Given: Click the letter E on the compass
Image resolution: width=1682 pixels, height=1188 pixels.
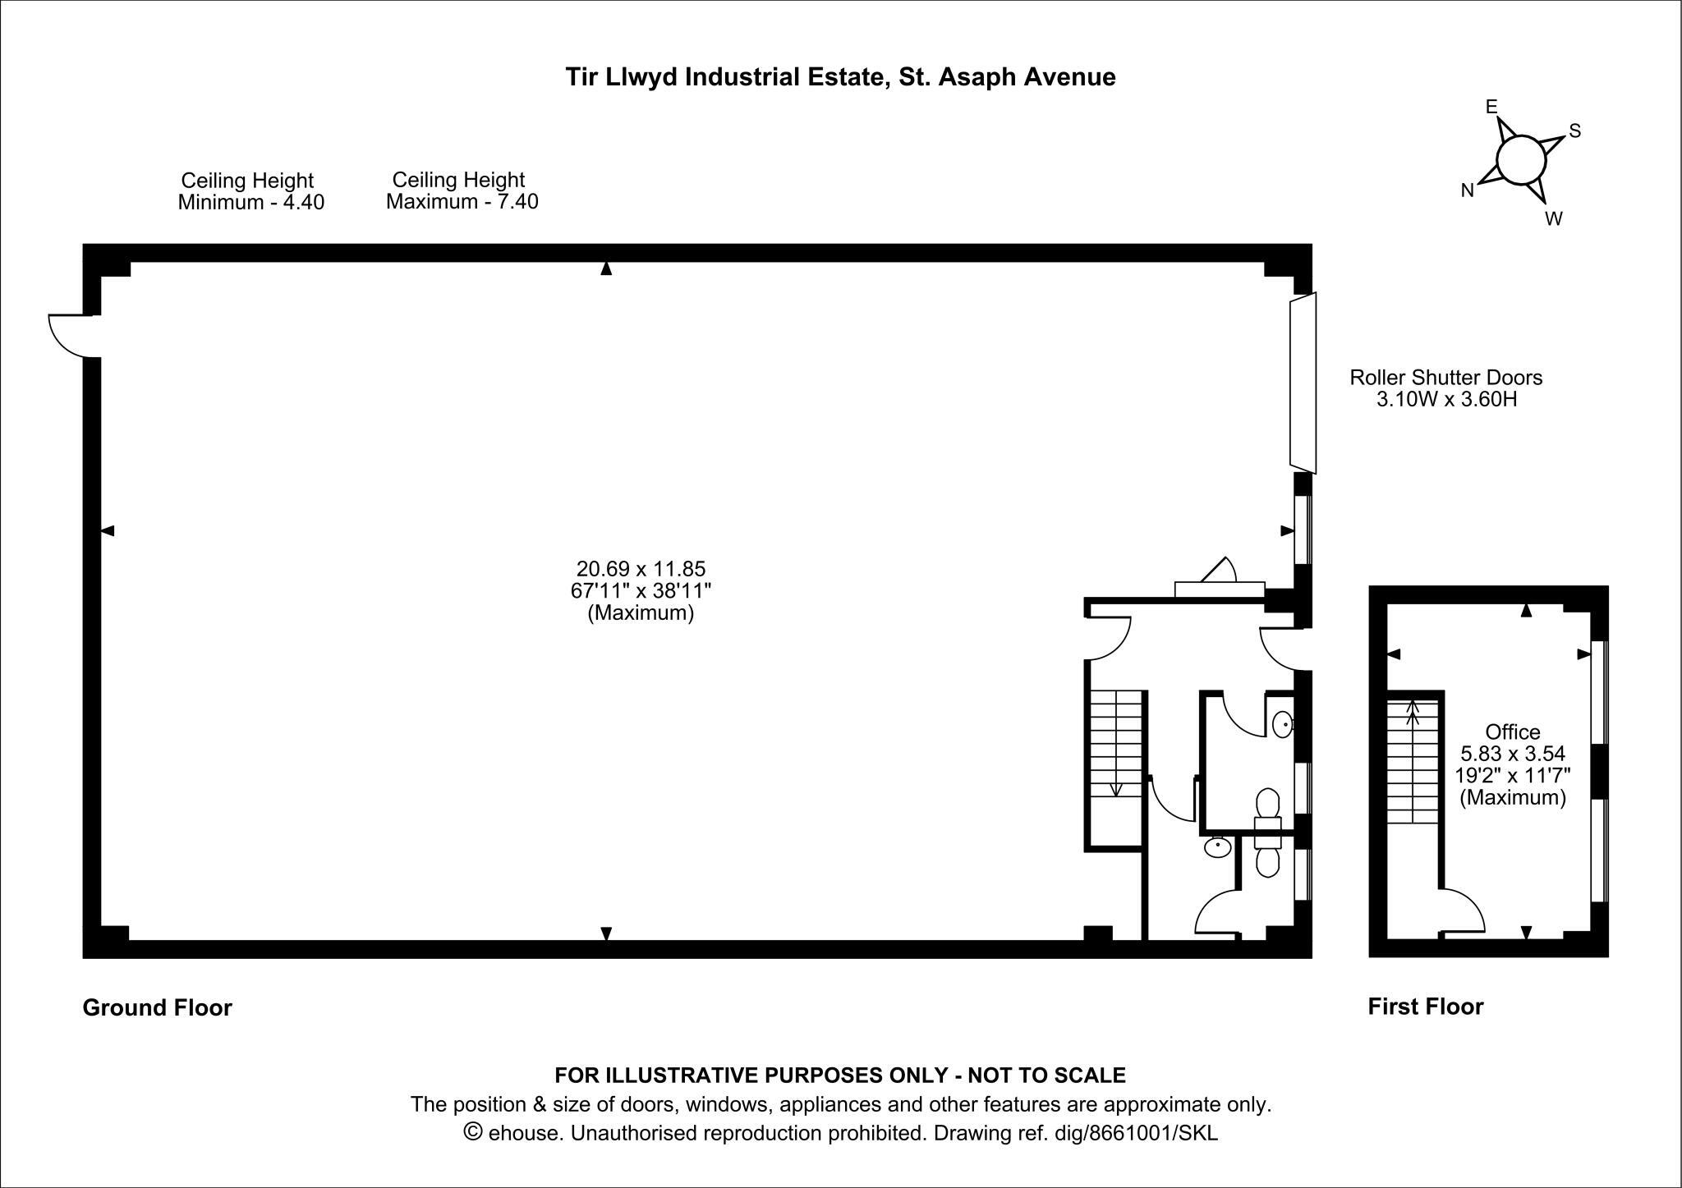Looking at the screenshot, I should pyautogui.click(x=1491, y=107).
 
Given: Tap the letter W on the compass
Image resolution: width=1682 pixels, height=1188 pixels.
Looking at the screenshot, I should pyautogui.click(x=1553, y=219).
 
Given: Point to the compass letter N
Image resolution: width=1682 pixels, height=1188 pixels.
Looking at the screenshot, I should pyautogui.click(x=1468, y=191).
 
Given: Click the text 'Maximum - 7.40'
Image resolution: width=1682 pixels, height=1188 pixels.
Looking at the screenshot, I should pyautogui.click(x=462, y=202).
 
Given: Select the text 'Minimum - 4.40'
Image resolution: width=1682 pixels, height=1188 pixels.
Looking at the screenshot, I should pyautogui.click(x=251, y=203).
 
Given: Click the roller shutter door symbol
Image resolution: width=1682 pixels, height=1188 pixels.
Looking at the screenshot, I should pyautogui.click(x=1303, y=383).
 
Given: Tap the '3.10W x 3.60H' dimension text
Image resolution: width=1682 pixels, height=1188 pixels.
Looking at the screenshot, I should pyautogui.click(x=1446, y=400).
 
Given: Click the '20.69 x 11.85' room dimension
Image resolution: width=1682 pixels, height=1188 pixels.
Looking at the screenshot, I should pyautogui.click(x=641, y=569).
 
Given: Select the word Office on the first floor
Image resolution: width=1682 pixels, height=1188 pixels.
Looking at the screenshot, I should pyautogui.click(x=1513, y=732).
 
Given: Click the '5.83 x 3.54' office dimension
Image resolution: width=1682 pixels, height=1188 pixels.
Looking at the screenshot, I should pyautogui.click(x=1513, y=754).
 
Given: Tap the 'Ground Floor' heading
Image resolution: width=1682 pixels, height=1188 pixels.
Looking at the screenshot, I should pyautogui.click(x=157, y=1007).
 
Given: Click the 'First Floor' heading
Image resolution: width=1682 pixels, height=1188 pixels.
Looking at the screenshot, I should pyautogui.click(x=1425, y=1007).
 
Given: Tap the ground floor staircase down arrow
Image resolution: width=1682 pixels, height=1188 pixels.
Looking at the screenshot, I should pyautogui.click(x=1116, y=789).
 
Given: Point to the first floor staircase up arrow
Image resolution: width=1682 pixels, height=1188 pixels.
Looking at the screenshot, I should pyautogui.click(x=1413, y=708).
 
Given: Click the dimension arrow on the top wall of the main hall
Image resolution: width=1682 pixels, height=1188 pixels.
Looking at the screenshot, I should pyautogui.click(x=606, y=268).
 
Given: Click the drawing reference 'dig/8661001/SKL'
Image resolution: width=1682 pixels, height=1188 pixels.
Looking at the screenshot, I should pyautogui.click(x=1136, y=1134).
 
